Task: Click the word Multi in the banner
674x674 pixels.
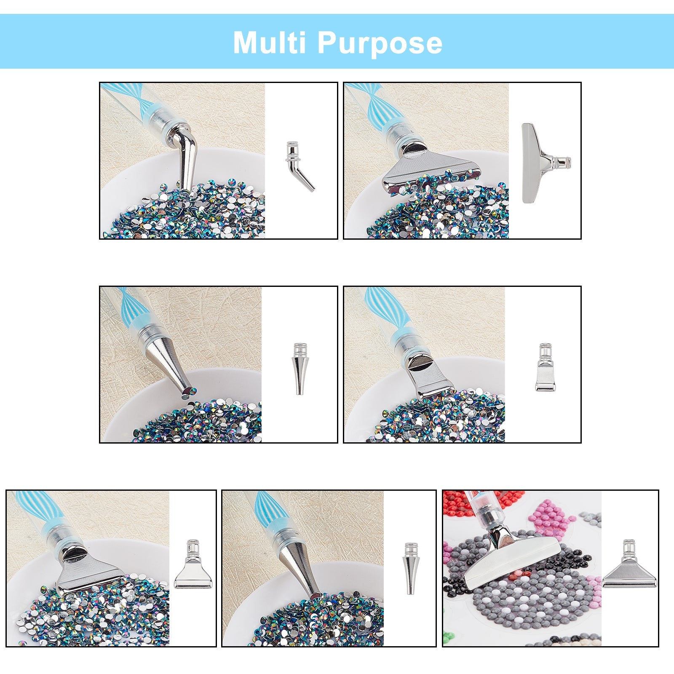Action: tap(269, 42)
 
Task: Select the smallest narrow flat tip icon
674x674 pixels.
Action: tap(545, 367)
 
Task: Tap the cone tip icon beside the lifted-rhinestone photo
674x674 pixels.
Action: tap(299, 369)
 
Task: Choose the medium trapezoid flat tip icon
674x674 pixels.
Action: tap(193, 564)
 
